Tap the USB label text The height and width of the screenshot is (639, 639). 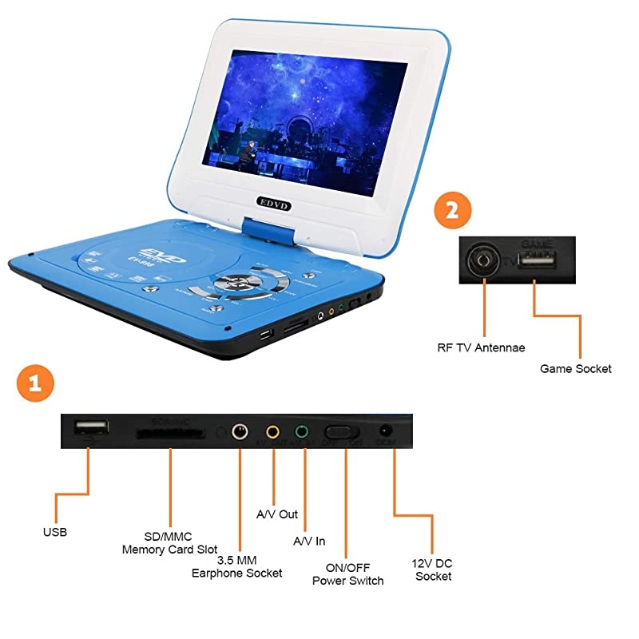tap(55, 532)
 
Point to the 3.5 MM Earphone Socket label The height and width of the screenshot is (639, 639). tap(236, 567)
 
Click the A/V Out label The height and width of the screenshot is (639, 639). tap(276, 514)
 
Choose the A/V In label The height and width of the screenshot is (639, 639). tap(309, 541)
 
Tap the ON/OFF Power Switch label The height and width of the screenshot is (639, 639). tap(347, 574)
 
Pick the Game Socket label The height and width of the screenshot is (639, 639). tap(575, 368)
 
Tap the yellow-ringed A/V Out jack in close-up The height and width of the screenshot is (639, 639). tap(273, 433)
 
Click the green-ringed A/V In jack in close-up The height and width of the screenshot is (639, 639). tap(302, 433)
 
